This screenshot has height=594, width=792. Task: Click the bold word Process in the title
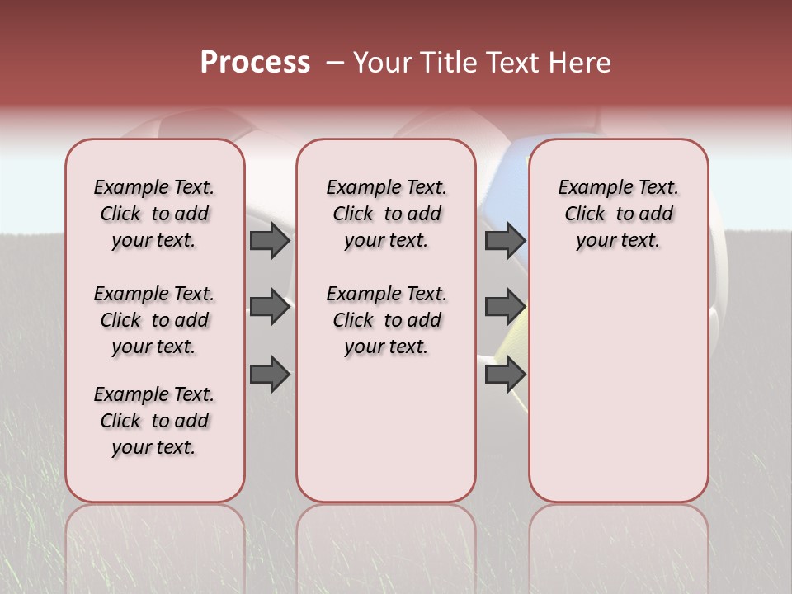(255, 63)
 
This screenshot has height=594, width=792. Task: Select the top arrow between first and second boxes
(270, 241)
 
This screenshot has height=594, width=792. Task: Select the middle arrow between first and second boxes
(270, 307)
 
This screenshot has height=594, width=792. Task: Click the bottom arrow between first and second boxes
(270, 374)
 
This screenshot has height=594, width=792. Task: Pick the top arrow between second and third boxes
(505, 241)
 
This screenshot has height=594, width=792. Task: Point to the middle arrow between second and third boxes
(505, 307)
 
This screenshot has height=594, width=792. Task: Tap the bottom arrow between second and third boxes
(505, 374)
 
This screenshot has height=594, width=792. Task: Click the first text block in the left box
(154, 214)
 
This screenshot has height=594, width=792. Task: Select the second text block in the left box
(154, 320)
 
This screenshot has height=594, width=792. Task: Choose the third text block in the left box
(154, 421)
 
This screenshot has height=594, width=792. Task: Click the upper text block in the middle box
(386, 214)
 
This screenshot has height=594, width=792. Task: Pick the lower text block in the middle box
(386, 320)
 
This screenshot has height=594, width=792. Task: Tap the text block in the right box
(618, 214)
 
